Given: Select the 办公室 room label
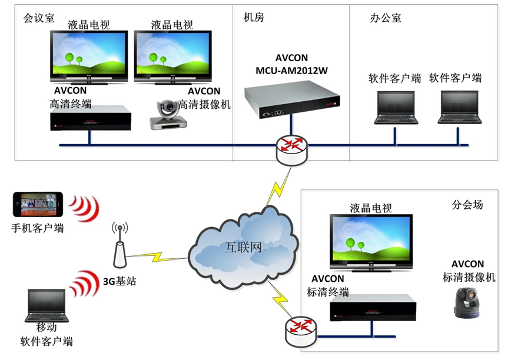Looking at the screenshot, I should pos(386,18).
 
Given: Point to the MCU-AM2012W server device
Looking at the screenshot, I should pos(285,104).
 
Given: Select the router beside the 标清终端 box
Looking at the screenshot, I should pos(300,331).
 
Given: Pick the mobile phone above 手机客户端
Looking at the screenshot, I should pos(36,204).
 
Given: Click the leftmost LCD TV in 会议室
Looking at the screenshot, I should pos(88,56).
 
